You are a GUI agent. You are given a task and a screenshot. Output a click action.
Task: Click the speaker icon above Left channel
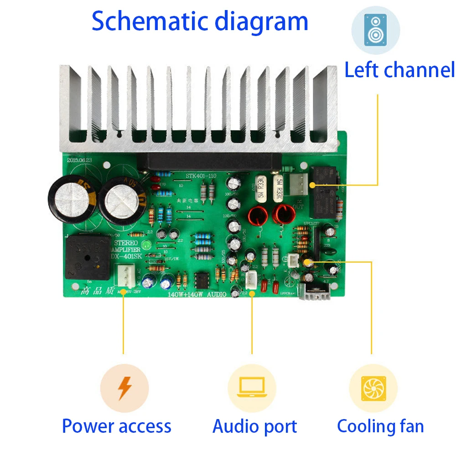[375, 30]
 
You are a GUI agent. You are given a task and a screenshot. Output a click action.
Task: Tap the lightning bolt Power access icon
[124, 388]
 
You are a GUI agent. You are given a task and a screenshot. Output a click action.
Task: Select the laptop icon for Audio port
[252, 388]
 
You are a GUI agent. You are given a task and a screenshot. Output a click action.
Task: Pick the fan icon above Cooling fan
[373, 388]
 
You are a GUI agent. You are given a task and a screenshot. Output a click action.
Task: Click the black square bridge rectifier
[88, 257]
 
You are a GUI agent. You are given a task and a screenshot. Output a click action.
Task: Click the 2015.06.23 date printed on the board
[80, 160]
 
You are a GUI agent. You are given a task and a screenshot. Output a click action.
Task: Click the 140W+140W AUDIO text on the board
[197, 295]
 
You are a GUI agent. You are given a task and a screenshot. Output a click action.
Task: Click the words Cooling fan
[380, 426]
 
